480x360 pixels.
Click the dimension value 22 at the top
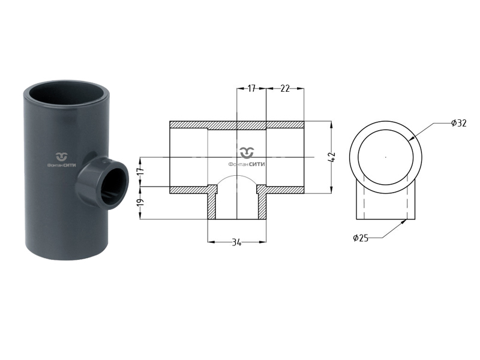click(285, 88)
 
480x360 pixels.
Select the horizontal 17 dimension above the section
click(251, 88)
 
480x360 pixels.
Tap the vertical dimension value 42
click(332, 157)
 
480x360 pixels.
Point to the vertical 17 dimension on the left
click(140, 171)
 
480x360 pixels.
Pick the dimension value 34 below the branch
click(237, 242)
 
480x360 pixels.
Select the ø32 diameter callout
click(458, 123)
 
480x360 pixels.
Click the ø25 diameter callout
click(361, 238)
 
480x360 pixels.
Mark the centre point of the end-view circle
click(386, 157)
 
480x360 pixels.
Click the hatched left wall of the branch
click(212, 204)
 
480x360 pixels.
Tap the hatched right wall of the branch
click(262, 204)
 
